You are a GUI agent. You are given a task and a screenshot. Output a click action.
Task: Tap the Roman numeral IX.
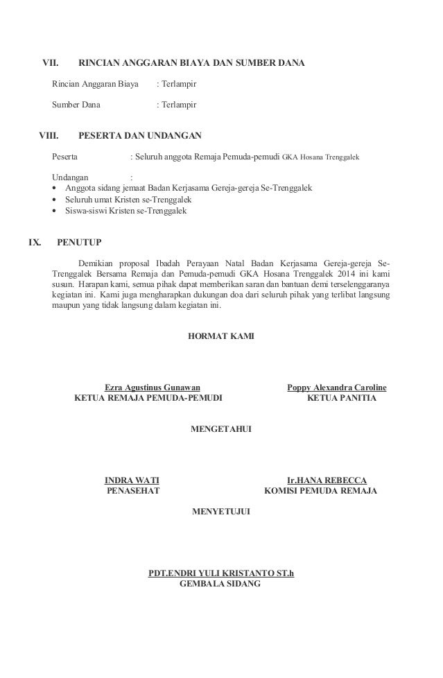34,243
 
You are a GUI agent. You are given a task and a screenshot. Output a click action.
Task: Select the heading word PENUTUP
79,243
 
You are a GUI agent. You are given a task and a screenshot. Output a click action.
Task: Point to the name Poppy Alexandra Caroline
337,387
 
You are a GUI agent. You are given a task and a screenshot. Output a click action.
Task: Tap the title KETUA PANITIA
342,399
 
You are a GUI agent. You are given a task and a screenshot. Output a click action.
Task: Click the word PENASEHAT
132,492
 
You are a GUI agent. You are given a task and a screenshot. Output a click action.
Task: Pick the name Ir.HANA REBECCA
327,480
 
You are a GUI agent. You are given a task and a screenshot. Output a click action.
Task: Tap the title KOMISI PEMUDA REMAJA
321,492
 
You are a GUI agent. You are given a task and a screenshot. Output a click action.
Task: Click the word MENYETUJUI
221,512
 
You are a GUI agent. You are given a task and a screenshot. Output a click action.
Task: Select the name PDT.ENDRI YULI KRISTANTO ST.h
221,573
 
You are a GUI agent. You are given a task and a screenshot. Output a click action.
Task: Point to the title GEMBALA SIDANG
220,584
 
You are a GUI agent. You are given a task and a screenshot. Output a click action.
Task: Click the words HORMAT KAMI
221,336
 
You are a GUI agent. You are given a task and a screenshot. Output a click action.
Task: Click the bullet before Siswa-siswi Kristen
55,211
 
